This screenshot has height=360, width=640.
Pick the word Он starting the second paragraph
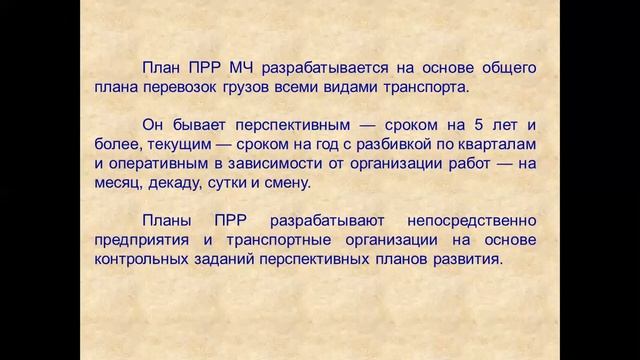click(155, 126)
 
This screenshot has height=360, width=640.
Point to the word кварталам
click(496, 146)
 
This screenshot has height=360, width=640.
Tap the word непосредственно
click(466, 221)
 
